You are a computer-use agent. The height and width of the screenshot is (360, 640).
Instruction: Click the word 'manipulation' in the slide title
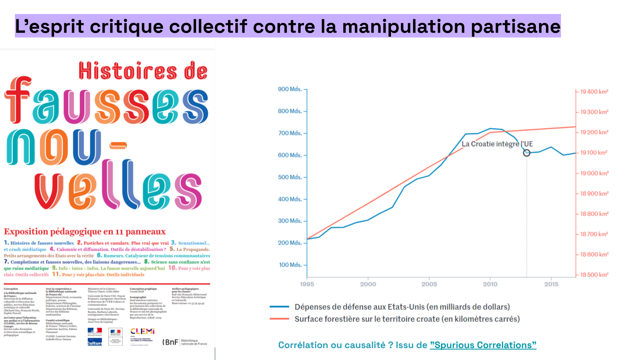click(x=403, y=27)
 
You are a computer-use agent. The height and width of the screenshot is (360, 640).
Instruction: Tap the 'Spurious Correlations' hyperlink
click(x=483, y=345)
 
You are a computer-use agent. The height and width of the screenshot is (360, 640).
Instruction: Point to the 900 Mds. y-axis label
click(x=290, y=89)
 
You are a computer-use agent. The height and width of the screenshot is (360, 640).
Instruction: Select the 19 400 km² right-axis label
click(x=594, y=92)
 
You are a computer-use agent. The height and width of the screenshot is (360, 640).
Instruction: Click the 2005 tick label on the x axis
click(x=429, y=284)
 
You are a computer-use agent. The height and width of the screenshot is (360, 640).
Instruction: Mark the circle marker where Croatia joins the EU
click(x=526, y=153)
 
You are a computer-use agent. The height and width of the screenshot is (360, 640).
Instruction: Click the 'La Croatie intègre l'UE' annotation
click(x=497, y=144)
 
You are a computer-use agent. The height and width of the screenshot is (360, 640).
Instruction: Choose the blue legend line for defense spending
click(x=279, y=307)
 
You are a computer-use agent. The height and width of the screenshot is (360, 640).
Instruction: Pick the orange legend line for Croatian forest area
click(x=279, y=319)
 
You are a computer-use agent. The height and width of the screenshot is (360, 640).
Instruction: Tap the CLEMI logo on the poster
click(x=142, y=331)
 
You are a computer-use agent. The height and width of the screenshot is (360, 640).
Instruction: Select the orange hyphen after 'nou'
click(x=118, y=145)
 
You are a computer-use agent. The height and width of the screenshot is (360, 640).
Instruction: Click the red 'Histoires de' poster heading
click(x=143, y=71)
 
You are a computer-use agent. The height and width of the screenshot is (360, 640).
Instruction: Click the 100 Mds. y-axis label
click(x=290, y=265)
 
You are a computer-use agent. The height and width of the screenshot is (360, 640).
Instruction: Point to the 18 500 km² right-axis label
click(x=594, y=275)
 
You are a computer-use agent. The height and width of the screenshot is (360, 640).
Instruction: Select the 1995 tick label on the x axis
click(x=307, y=284)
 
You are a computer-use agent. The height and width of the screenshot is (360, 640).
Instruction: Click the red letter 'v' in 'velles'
click(x=49, y=190)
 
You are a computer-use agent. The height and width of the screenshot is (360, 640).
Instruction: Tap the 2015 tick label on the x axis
click(x=551, y=284)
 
